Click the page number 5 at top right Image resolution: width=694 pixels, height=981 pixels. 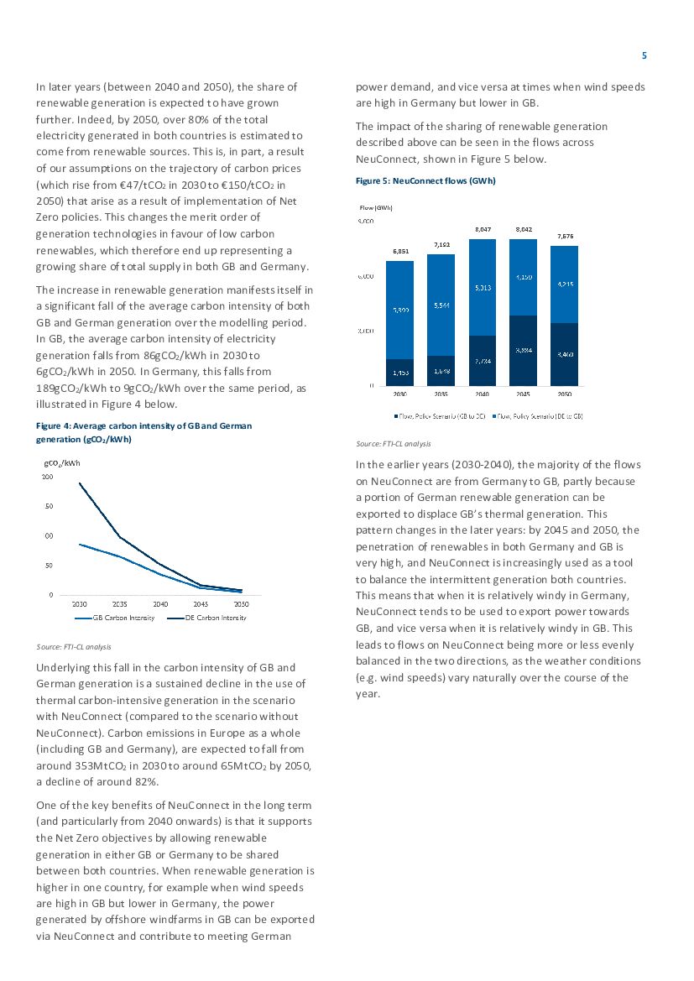[x=644, y=55]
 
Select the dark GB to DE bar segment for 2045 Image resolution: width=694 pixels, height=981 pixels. [x=524, y=350]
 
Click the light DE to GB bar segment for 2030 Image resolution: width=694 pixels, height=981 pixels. [x=399, y=310]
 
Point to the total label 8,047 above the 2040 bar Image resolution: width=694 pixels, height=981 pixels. [x=483, y=228]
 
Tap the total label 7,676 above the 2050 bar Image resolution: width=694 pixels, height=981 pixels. [x=565, y=236]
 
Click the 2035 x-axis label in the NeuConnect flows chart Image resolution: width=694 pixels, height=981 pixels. [x=441, y=392]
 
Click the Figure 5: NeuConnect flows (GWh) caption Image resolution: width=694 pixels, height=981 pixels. [x=425, y=180]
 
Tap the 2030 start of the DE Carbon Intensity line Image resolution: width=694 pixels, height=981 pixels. [x=80, y=483]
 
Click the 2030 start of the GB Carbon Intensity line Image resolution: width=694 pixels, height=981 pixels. [x=80, y=544]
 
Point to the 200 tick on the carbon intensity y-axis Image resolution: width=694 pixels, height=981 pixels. [x=47, y=477]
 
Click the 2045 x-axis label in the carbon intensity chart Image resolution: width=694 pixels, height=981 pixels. [x=201, y=603]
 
